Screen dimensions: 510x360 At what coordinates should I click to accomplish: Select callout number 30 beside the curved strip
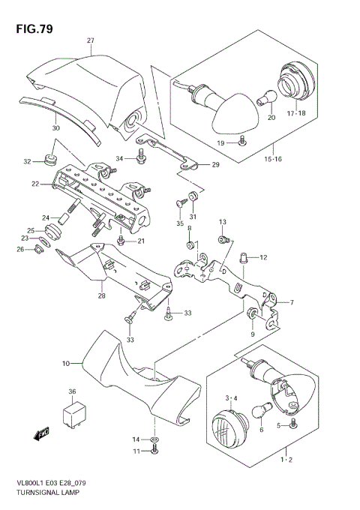(55, 128)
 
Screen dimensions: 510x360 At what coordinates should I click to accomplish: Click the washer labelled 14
(154, 438)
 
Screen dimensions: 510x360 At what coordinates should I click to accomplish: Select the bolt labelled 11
(154, 450)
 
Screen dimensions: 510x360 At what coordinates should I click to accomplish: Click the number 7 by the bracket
(291, 302)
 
